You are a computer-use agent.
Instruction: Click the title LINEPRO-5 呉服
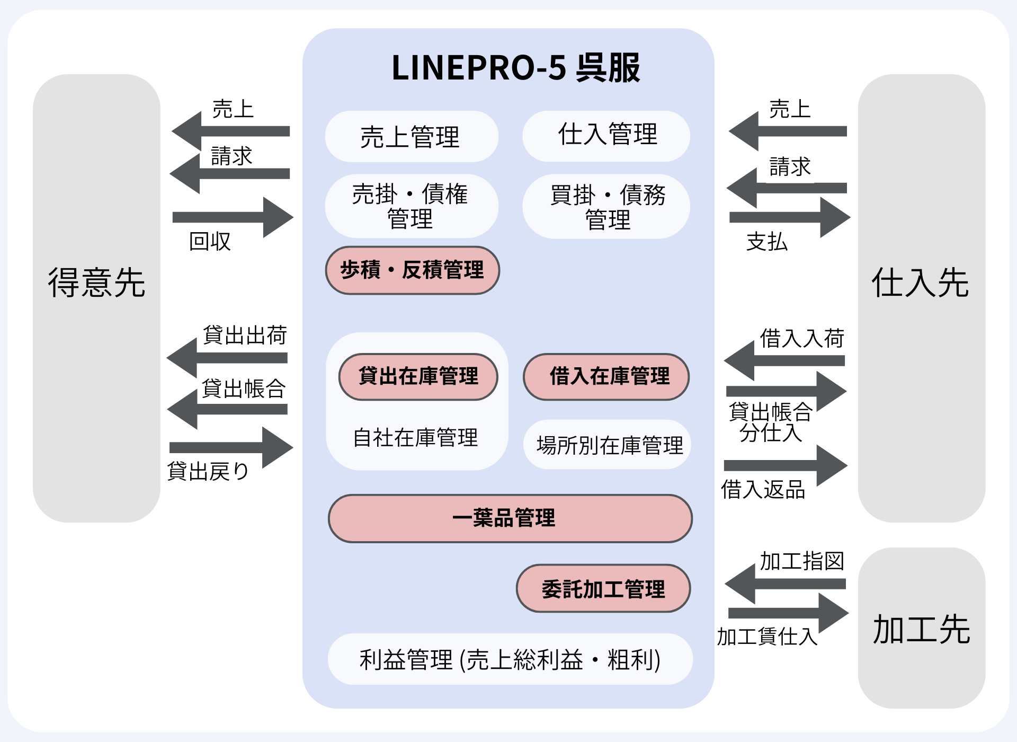515,68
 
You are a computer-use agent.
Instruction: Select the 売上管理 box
411,137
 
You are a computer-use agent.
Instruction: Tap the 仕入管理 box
606,136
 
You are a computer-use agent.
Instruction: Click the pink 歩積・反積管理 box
412,270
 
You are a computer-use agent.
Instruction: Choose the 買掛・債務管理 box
606,207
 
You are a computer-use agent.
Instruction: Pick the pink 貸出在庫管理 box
418,376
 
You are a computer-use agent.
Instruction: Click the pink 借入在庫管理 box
606,376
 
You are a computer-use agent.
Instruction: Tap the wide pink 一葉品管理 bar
510,518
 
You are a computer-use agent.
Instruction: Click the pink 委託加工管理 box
603,588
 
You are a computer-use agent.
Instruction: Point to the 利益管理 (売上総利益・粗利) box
510,659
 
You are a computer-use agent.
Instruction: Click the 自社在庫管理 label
415,438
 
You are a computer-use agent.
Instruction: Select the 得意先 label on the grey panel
96,282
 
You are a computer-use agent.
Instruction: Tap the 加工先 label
921,629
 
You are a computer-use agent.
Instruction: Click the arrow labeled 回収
233,217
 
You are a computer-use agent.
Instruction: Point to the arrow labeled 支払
789,217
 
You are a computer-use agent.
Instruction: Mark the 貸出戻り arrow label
208,471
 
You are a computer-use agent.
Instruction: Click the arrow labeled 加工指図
786,584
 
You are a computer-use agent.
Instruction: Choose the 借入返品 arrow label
763,489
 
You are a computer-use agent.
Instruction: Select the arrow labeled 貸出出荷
228,358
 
